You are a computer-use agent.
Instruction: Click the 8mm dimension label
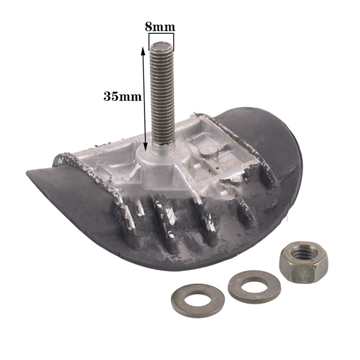(160, 27)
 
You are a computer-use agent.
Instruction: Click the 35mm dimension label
(123, 96)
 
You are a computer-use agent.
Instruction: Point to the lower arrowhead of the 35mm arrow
(146, 147)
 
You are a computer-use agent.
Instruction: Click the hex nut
(304, 262)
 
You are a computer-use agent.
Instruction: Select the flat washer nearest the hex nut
(254, 287)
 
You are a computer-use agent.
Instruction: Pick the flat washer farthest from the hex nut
(198, 301)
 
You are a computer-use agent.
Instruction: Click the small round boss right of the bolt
(208, 152)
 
